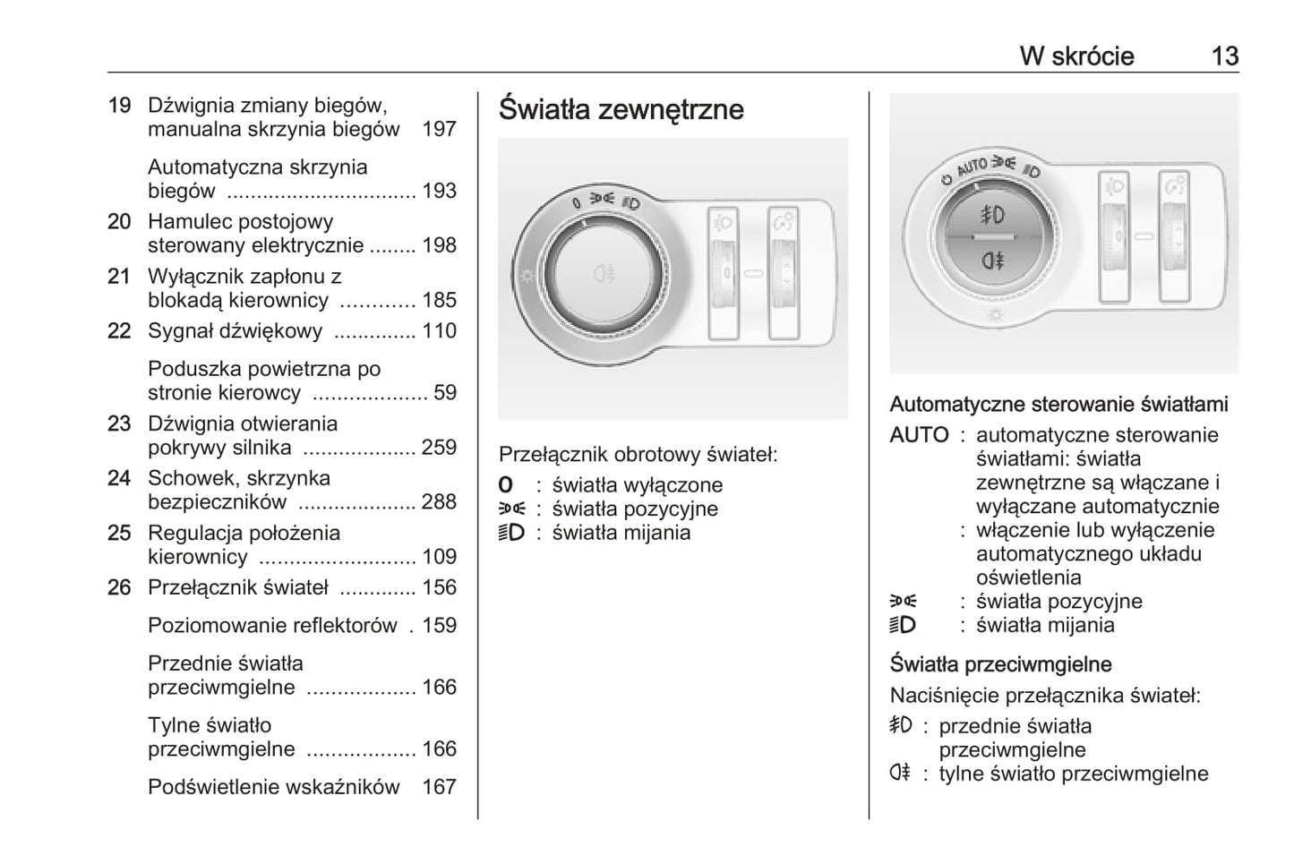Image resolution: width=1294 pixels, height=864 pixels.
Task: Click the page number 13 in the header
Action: coord(1224,56)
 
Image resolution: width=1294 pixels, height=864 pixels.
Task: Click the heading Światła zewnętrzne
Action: coord(621,109)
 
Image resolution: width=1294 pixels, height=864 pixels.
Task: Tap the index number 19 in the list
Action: coord(119,106)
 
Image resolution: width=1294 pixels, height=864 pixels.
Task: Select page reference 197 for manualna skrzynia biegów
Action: coord(439,129)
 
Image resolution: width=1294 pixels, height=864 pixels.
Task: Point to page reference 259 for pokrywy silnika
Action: coord(439,448)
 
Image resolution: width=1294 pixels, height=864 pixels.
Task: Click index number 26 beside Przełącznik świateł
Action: coord(119,587)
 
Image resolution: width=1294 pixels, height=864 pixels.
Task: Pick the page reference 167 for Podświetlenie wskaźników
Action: coord(439,787)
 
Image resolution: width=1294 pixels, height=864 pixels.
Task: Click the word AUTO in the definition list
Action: coord(918,435)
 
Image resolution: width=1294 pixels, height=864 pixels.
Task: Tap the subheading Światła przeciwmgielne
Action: coord(1000,664)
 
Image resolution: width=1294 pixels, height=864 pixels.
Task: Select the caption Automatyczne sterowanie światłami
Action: coord(1058,405)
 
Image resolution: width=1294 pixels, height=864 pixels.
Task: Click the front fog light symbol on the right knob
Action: coord(992,215)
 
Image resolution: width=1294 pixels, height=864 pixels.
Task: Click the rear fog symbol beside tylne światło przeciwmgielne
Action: coord(900,774)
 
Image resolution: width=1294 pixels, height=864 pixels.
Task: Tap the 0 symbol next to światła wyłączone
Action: coord(507,485)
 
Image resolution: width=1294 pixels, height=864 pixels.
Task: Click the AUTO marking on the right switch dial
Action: coord(972,167)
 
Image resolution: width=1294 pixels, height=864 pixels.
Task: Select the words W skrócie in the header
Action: coord(1076,56)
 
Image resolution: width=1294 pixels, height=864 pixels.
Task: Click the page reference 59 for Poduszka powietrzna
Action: coord(444,393)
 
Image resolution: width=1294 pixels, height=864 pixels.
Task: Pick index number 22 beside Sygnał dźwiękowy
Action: coord(119,331)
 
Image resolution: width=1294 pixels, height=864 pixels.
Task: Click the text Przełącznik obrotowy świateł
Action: coord(638,455)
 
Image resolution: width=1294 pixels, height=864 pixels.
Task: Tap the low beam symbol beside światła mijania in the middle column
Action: coord(510,533)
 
